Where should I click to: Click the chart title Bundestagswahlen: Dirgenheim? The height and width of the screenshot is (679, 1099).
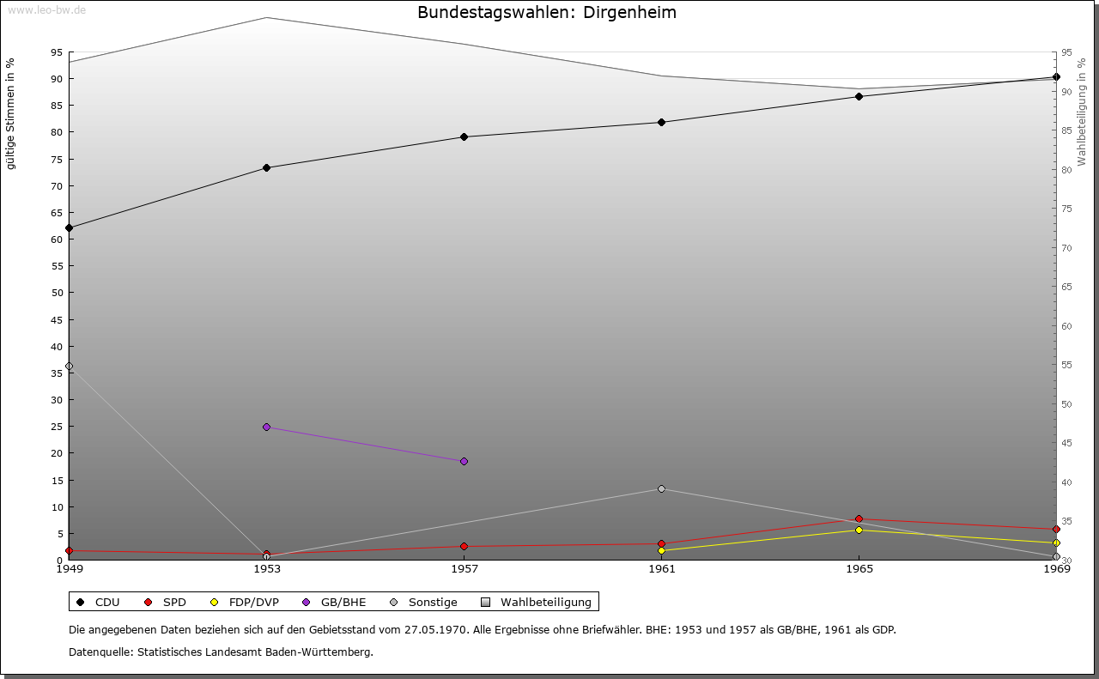[547, 13]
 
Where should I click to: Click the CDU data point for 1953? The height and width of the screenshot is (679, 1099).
[266, 167]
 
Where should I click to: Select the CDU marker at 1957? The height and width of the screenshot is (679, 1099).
[464, 136]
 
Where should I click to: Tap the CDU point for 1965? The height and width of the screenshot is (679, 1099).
[859, 96]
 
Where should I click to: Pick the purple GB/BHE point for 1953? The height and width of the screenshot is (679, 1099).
[266, 427]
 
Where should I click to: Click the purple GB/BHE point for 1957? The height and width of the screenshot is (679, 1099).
[464, 461]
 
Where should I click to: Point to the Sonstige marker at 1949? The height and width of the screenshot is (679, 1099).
[69, 366]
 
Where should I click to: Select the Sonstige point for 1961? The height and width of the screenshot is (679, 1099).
[661, 488]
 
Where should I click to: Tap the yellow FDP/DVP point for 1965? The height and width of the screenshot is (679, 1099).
[859, 530]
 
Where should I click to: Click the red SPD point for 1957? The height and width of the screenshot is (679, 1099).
[464, 546]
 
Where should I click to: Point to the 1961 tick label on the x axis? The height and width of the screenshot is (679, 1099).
[661, 568]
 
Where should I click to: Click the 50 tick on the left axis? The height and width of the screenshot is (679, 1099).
[58, 293]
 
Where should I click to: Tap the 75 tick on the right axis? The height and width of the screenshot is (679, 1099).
[1066, 209]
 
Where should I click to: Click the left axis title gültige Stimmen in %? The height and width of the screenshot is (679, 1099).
[11, 113]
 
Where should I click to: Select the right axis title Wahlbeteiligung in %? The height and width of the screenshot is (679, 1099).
[1082, 112]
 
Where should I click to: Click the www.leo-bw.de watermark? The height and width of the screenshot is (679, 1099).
[46, 9]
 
